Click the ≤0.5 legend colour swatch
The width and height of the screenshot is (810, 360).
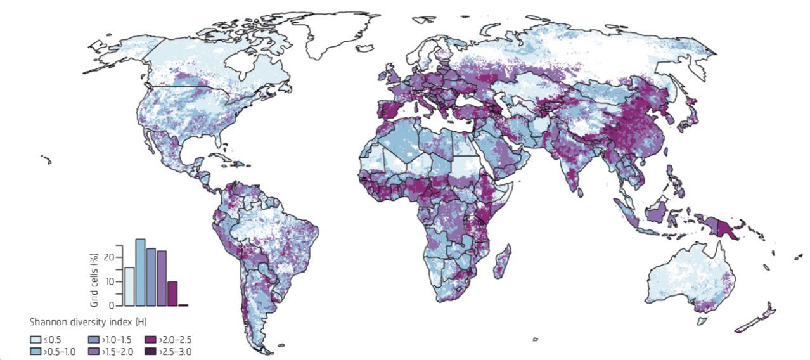pos(36,340)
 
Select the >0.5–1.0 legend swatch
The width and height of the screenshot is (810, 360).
pos(36,351)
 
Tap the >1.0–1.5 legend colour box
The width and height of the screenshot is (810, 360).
pos(93,340)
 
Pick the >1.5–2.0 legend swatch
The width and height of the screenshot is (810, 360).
pos(93,351)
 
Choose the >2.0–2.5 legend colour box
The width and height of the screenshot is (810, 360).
pos(150,340)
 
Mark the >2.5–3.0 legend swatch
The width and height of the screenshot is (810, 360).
pos(150,351)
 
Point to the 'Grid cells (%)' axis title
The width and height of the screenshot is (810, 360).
pos(94,275)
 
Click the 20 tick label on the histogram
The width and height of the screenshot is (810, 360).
pos(110,257)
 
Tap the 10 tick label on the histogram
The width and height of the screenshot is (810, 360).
pos(110,281)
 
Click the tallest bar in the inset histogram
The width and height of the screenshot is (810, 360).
pos(140,273)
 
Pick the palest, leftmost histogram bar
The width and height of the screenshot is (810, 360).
pos(129,286)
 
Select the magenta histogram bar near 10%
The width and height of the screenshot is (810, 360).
pos(172,293)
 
